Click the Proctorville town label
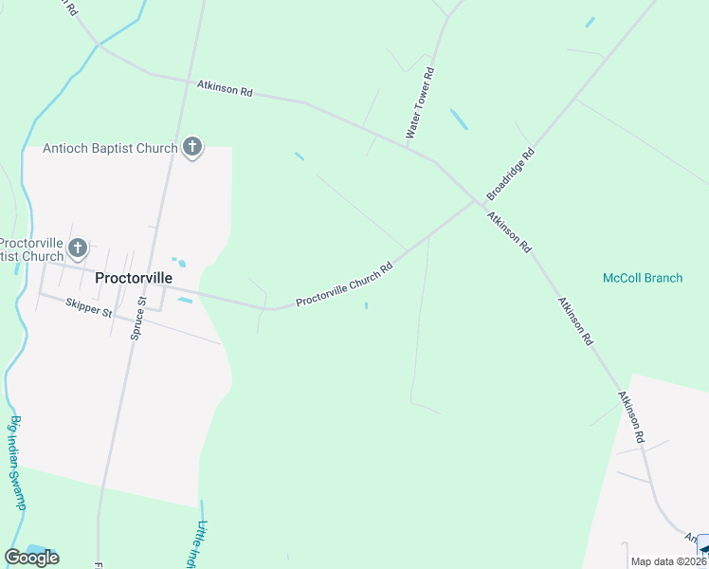pos(134,278)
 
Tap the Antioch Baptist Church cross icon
pos(192,148)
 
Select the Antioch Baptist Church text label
pos(110,148)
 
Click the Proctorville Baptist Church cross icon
pos(78,248)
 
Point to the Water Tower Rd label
pos(420,103)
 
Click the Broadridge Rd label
pos(511,173)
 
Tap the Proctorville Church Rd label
pos(344,285)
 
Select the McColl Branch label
pos(643,278)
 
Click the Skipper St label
pos(89,307)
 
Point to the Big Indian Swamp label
pos(18,463)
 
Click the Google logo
pos(31,558)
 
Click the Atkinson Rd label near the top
pos(225,88)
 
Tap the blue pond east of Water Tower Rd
pos(459,119)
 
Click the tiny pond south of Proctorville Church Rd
pos(367,305)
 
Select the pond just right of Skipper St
pos(185,301)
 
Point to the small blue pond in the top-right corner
pos(590,22)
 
